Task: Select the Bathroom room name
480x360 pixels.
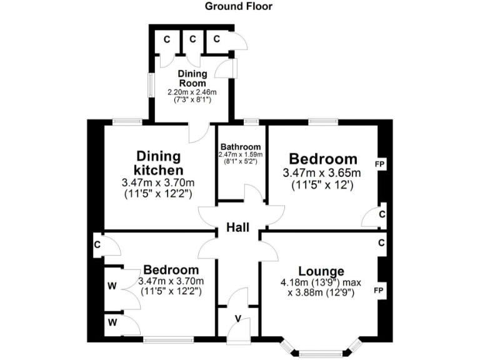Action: [x=241, y=147]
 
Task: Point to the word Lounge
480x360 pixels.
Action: [x=321, y=271]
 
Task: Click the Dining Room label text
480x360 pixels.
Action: [x=192, y=78]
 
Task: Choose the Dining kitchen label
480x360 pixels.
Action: [x=159, y=162]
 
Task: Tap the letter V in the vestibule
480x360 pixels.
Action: [x=237, y=317]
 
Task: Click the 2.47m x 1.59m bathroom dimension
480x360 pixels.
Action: [x=241, y=154]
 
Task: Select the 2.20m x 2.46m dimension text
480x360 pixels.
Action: [x=192, y=92]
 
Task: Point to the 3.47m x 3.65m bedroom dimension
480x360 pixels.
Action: [x=322, y=173]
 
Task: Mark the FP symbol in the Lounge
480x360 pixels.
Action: [x=379, y=291]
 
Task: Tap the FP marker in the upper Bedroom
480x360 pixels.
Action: [x=379, y=164]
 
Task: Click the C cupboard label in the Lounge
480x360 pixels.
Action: [x=381, y=243]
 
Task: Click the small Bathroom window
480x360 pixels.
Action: [x=251, y=121]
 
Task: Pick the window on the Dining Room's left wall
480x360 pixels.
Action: [x=151, y=85]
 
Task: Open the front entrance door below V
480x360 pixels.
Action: [x=239, y=330]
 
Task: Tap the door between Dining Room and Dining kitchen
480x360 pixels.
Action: [x=199, y=131]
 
